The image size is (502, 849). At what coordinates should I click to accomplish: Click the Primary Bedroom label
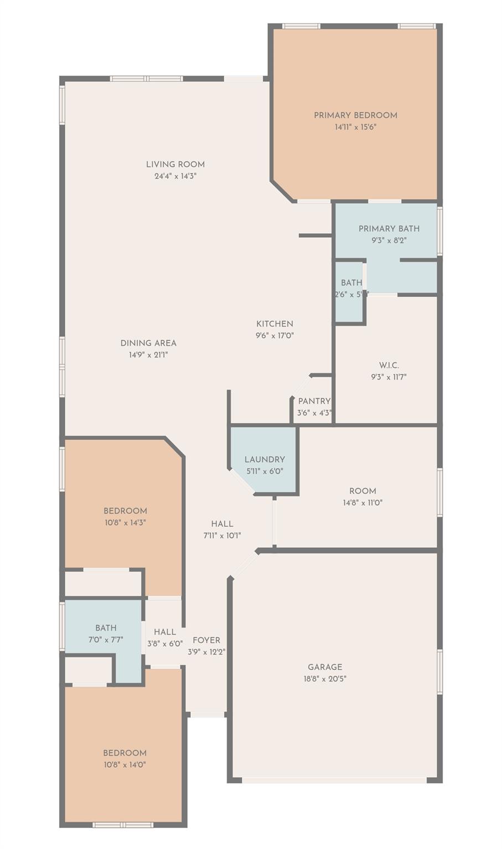355,116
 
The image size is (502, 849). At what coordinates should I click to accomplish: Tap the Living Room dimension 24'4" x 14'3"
175,176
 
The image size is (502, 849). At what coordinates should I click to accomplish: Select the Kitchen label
275,324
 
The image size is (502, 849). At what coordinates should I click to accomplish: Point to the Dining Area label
148,343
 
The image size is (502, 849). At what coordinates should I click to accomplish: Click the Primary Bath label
389,229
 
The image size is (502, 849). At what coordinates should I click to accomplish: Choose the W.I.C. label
389,365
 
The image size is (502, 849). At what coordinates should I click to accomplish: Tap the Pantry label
314,401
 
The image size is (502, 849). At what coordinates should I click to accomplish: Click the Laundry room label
265,459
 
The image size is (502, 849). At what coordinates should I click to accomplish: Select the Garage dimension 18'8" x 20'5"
325,679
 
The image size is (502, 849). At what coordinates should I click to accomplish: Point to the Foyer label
206,640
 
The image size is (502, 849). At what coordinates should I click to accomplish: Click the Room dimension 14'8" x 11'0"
363,503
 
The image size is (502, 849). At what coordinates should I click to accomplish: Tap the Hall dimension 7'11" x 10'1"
222,536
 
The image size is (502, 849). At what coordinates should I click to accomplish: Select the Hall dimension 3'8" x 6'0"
165,643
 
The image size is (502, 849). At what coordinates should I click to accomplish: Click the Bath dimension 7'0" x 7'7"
106,640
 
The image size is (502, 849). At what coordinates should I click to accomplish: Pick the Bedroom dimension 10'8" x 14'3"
125,522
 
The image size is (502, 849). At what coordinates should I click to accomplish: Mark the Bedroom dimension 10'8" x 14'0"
125,765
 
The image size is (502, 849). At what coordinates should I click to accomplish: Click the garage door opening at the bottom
334,780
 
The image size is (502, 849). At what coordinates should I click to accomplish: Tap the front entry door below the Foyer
207,715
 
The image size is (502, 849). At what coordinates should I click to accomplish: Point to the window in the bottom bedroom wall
123,825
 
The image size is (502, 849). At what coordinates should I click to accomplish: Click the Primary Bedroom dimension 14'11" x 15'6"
355,127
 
